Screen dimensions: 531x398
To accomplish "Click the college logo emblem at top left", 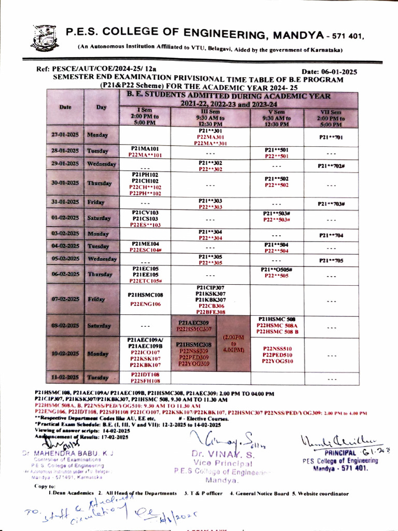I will pos(46,37).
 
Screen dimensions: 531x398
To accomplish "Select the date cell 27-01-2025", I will pos(65,135).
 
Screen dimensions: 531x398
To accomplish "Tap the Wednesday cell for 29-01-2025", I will pos(101,164).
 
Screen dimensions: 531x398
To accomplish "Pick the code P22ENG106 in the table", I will pos(145,304).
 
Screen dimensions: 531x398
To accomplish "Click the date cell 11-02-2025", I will pos(65,378).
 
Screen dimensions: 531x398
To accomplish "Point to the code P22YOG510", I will pos(278,361).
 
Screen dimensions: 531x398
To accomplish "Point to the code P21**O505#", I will pos(278,270).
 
